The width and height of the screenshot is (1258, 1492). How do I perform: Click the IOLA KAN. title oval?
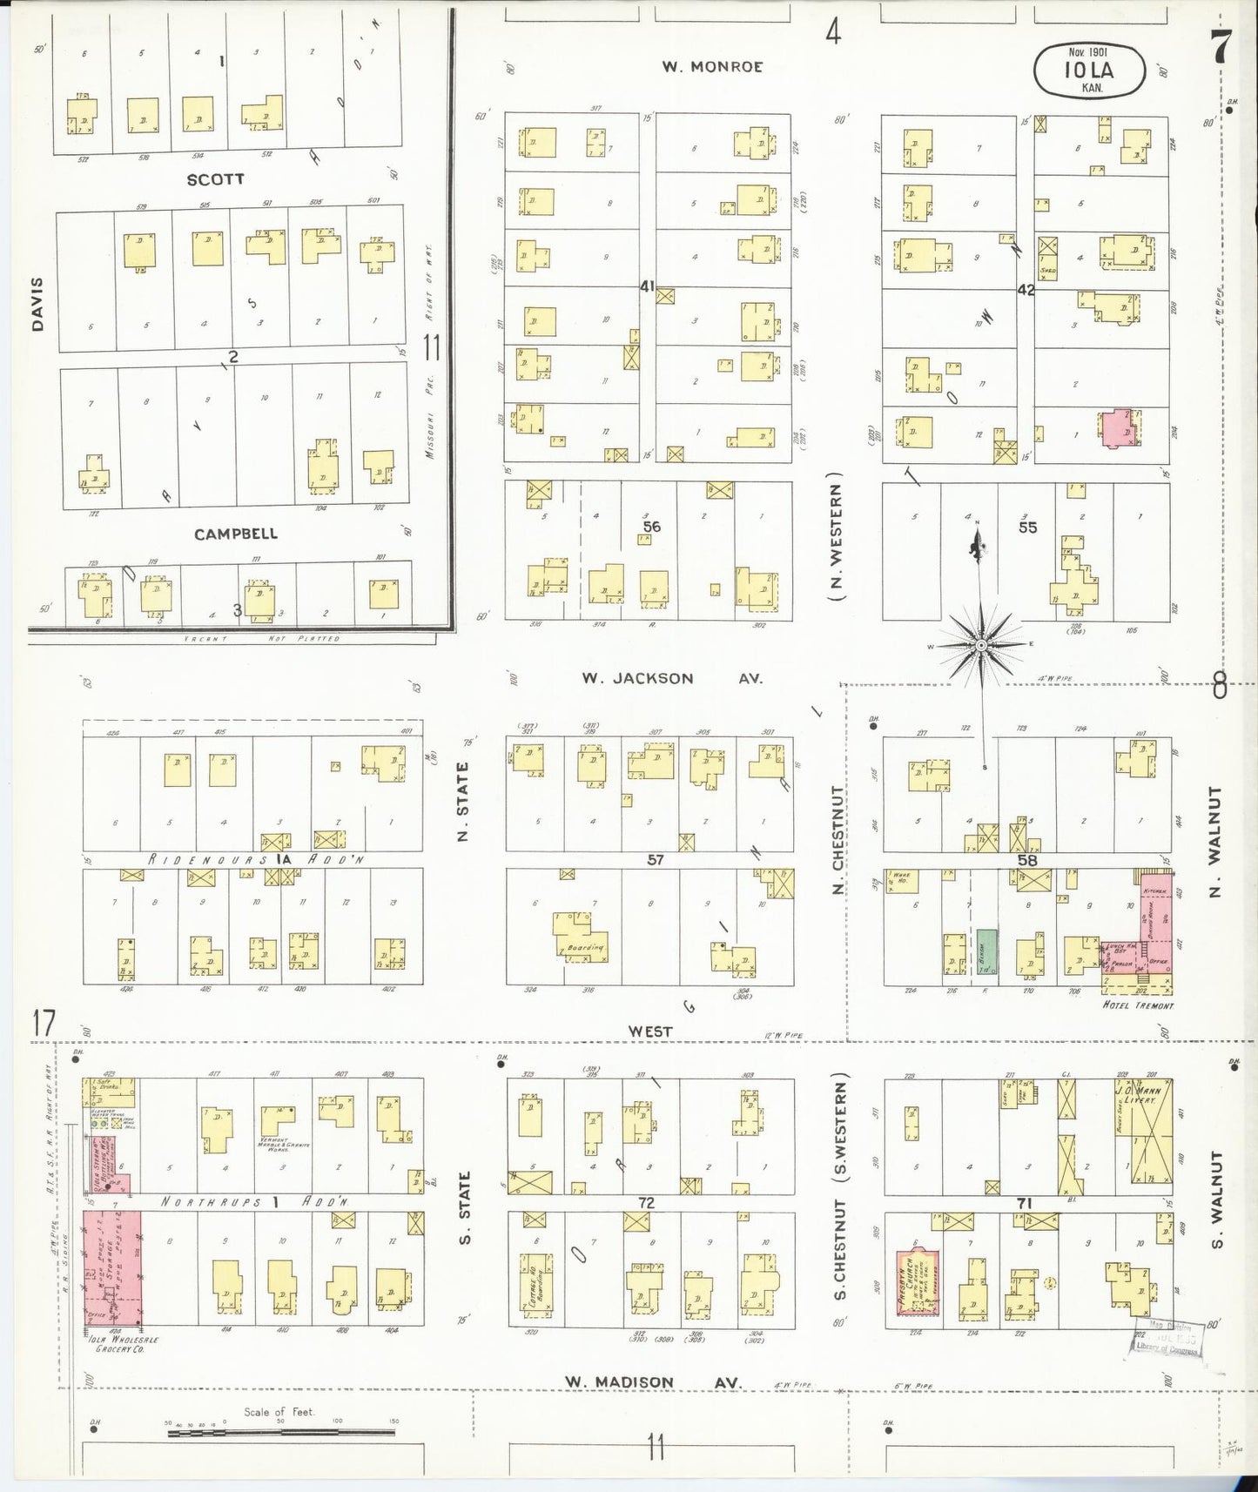point(1089,71)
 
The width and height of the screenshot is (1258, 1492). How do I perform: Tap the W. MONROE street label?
point(711,66)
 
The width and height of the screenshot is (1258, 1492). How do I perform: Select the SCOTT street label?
point(216,178)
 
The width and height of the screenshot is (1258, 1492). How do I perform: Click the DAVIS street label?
point(37,304)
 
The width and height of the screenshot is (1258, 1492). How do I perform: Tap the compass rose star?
point(980,645)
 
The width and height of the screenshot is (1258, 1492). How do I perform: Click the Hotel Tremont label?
point(1138,1005)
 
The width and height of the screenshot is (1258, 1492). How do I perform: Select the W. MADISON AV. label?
point(652,1382)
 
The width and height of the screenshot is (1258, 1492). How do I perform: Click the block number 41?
point(646,285)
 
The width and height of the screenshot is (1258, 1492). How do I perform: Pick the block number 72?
point(646,1203)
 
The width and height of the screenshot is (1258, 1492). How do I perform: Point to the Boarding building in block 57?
point(580,938)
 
